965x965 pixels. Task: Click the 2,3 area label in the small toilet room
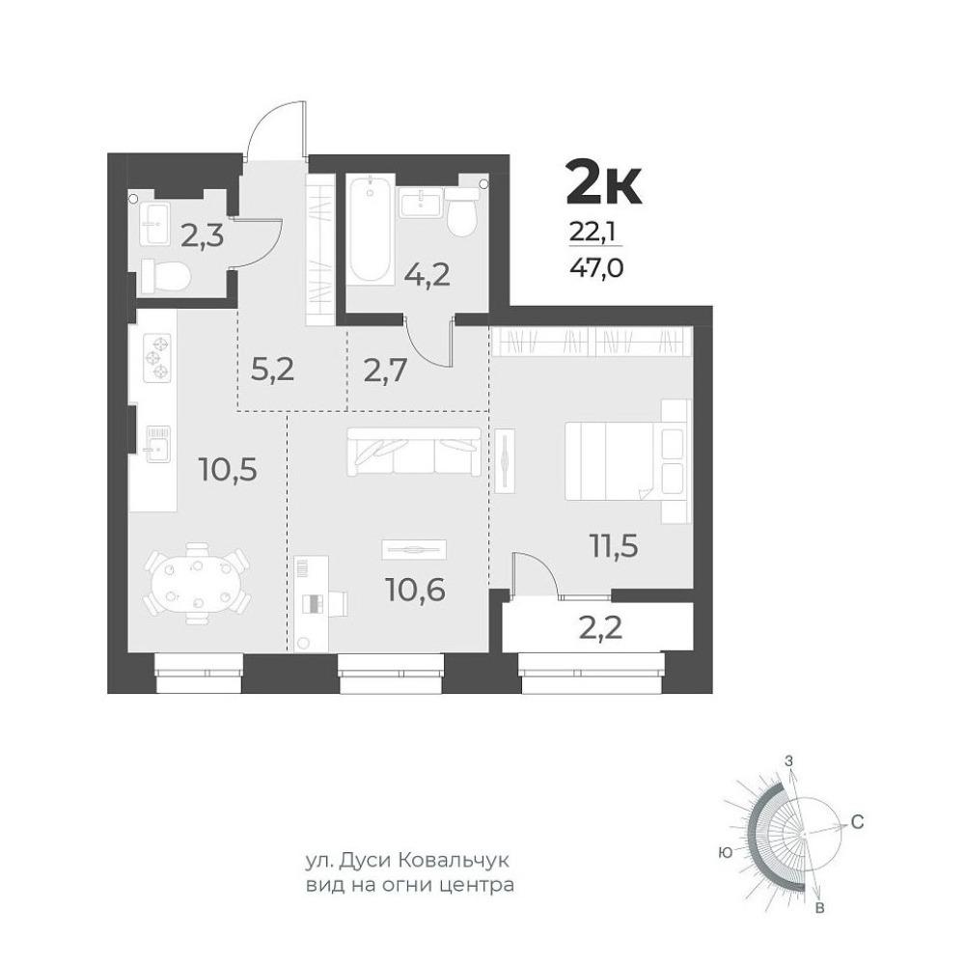202,234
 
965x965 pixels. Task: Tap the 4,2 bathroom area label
427,275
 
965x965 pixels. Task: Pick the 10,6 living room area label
416,590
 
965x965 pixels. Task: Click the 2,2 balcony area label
599,627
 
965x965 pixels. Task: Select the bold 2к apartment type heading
604,182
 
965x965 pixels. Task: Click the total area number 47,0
597,268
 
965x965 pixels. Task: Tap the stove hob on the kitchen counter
157,358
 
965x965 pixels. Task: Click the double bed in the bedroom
626,461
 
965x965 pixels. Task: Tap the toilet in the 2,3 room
165,276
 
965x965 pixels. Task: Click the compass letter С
857,821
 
